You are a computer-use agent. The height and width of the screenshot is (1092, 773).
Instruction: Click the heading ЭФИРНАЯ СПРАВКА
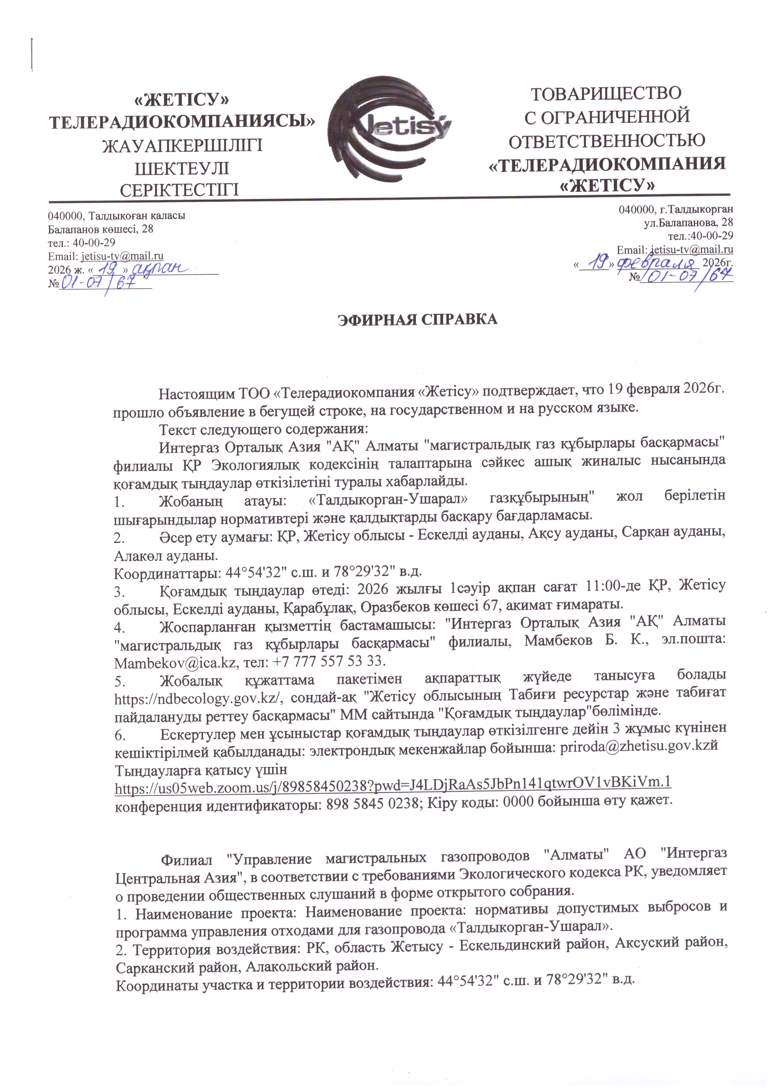[x=418, y=319]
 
